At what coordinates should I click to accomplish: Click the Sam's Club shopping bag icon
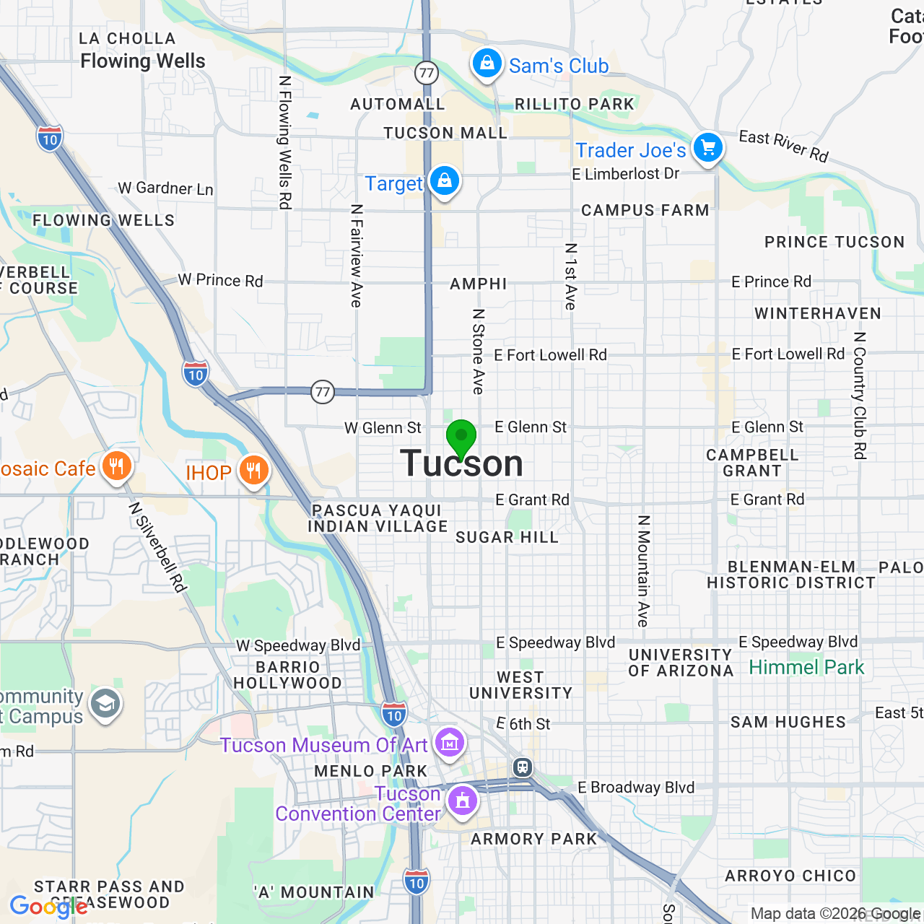tap(487, 64)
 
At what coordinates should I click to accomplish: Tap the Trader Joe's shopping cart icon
tap(707, 148)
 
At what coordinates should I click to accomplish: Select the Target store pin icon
tap(444, 180)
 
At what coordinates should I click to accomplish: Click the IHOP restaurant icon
tap(253, 471)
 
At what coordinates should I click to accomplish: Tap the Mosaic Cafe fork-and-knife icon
tap(116, 466)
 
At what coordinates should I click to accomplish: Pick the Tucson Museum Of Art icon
tap(449, 742)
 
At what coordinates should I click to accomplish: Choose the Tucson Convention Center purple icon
tap(463, 800)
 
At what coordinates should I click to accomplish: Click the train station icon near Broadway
tap(523, 767)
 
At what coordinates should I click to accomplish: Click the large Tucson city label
tap(462, 463)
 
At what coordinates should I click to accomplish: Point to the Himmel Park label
tap(806, 667)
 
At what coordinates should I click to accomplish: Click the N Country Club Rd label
tap(859, 396)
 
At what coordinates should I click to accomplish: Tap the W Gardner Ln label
tap(165, 188)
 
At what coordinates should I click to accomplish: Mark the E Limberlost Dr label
tap(625, 174)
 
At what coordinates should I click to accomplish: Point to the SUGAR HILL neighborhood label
tap(507, 537)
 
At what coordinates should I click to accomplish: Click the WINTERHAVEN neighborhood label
tap(817, 313)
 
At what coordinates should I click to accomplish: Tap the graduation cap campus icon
tap(105, 704)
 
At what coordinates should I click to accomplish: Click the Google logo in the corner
tap(48, 906)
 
